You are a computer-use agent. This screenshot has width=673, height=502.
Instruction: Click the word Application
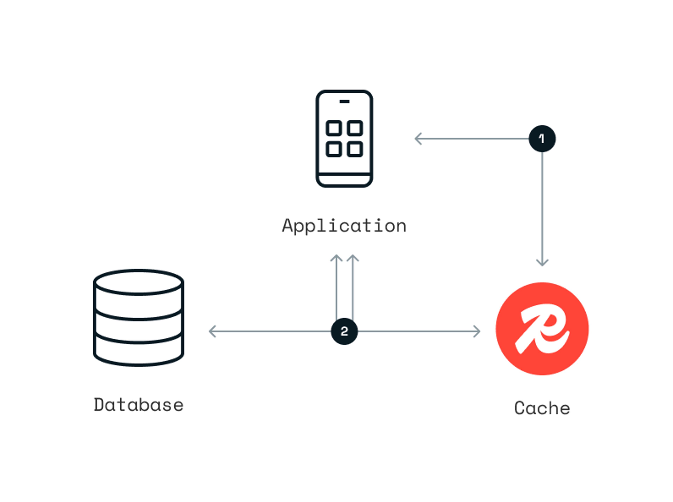tap(344, 226)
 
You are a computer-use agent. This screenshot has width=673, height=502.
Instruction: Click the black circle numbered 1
tap(542, 139)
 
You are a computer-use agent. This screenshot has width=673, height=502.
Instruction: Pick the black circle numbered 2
tap(344, 331)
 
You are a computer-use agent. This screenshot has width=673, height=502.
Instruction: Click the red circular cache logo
tap(542, 329)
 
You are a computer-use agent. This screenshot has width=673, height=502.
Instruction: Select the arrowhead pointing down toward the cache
tap(542, 263)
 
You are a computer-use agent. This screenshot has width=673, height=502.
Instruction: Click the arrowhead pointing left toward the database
tap(212, 331)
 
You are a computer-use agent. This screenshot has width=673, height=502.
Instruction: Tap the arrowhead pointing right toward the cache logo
tap(477, 331)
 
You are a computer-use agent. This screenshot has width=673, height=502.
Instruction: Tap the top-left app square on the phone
tap(334, 128)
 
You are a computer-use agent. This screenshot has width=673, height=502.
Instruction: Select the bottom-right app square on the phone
tap(355, 149)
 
